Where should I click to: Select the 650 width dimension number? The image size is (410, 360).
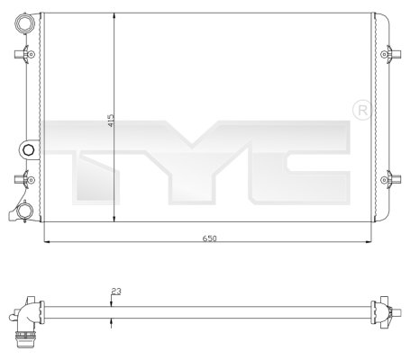208,239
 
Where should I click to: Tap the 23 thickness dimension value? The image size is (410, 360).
114,291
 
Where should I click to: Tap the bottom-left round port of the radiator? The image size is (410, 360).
26,212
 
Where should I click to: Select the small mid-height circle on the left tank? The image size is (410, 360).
28,149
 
